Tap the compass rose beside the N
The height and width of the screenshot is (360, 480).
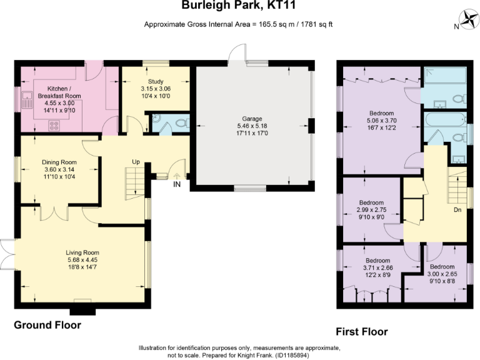point(467,19)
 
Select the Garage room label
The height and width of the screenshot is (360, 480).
point(252,118)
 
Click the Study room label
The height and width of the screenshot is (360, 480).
point(155,82)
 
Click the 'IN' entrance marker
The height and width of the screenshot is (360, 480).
point(177,184)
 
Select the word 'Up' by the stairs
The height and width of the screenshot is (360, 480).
point(136,162)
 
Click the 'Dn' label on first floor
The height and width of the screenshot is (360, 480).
point(457,210)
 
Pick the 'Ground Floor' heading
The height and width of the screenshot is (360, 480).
point(47,325)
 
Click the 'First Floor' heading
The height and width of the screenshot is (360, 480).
point(362,331)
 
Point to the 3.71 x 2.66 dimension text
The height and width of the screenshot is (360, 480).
point(377,268)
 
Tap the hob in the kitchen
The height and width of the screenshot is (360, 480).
point(52,125)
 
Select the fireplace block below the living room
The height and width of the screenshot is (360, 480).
point(82,307)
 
